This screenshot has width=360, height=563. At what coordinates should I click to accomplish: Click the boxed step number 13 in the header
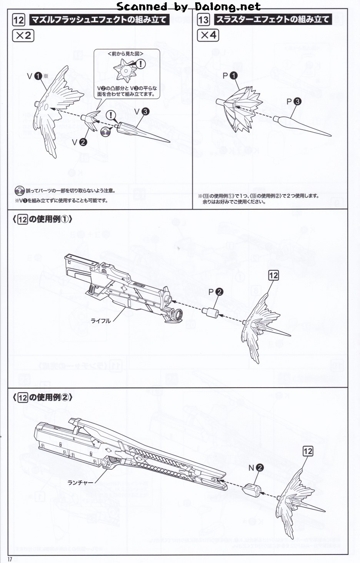[x=203, y=19]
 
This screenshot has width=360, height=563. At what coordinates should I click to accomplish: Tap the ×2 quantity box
[x=23, y=36]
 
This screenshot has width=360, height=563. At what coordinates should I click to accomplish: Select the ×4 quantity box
[x=208, y=36]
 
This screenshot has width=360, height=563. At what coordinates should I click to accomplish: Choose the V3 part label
[x=141, y=112]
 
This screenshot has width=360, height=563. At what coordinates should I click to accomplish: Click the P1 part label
[x=230, y=76]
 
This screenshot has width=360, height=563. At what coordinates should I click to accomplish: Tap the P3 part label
[x=293, y=102]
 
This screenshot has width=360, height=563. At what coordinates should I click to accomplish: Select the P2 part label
[x=215, y=292]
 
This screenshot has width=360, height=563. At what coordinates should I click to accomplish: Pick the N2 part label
[x=255, y=468]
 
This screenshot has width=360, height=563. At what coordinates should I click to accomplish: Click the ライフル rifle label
[x=100, y=321]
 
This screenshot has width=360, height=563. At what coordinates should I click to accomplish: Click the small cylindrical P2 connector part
[x=211, y=312]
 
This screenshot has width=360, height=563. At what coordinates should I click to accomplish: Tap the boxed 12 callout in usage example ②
[x=308, y=451]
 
